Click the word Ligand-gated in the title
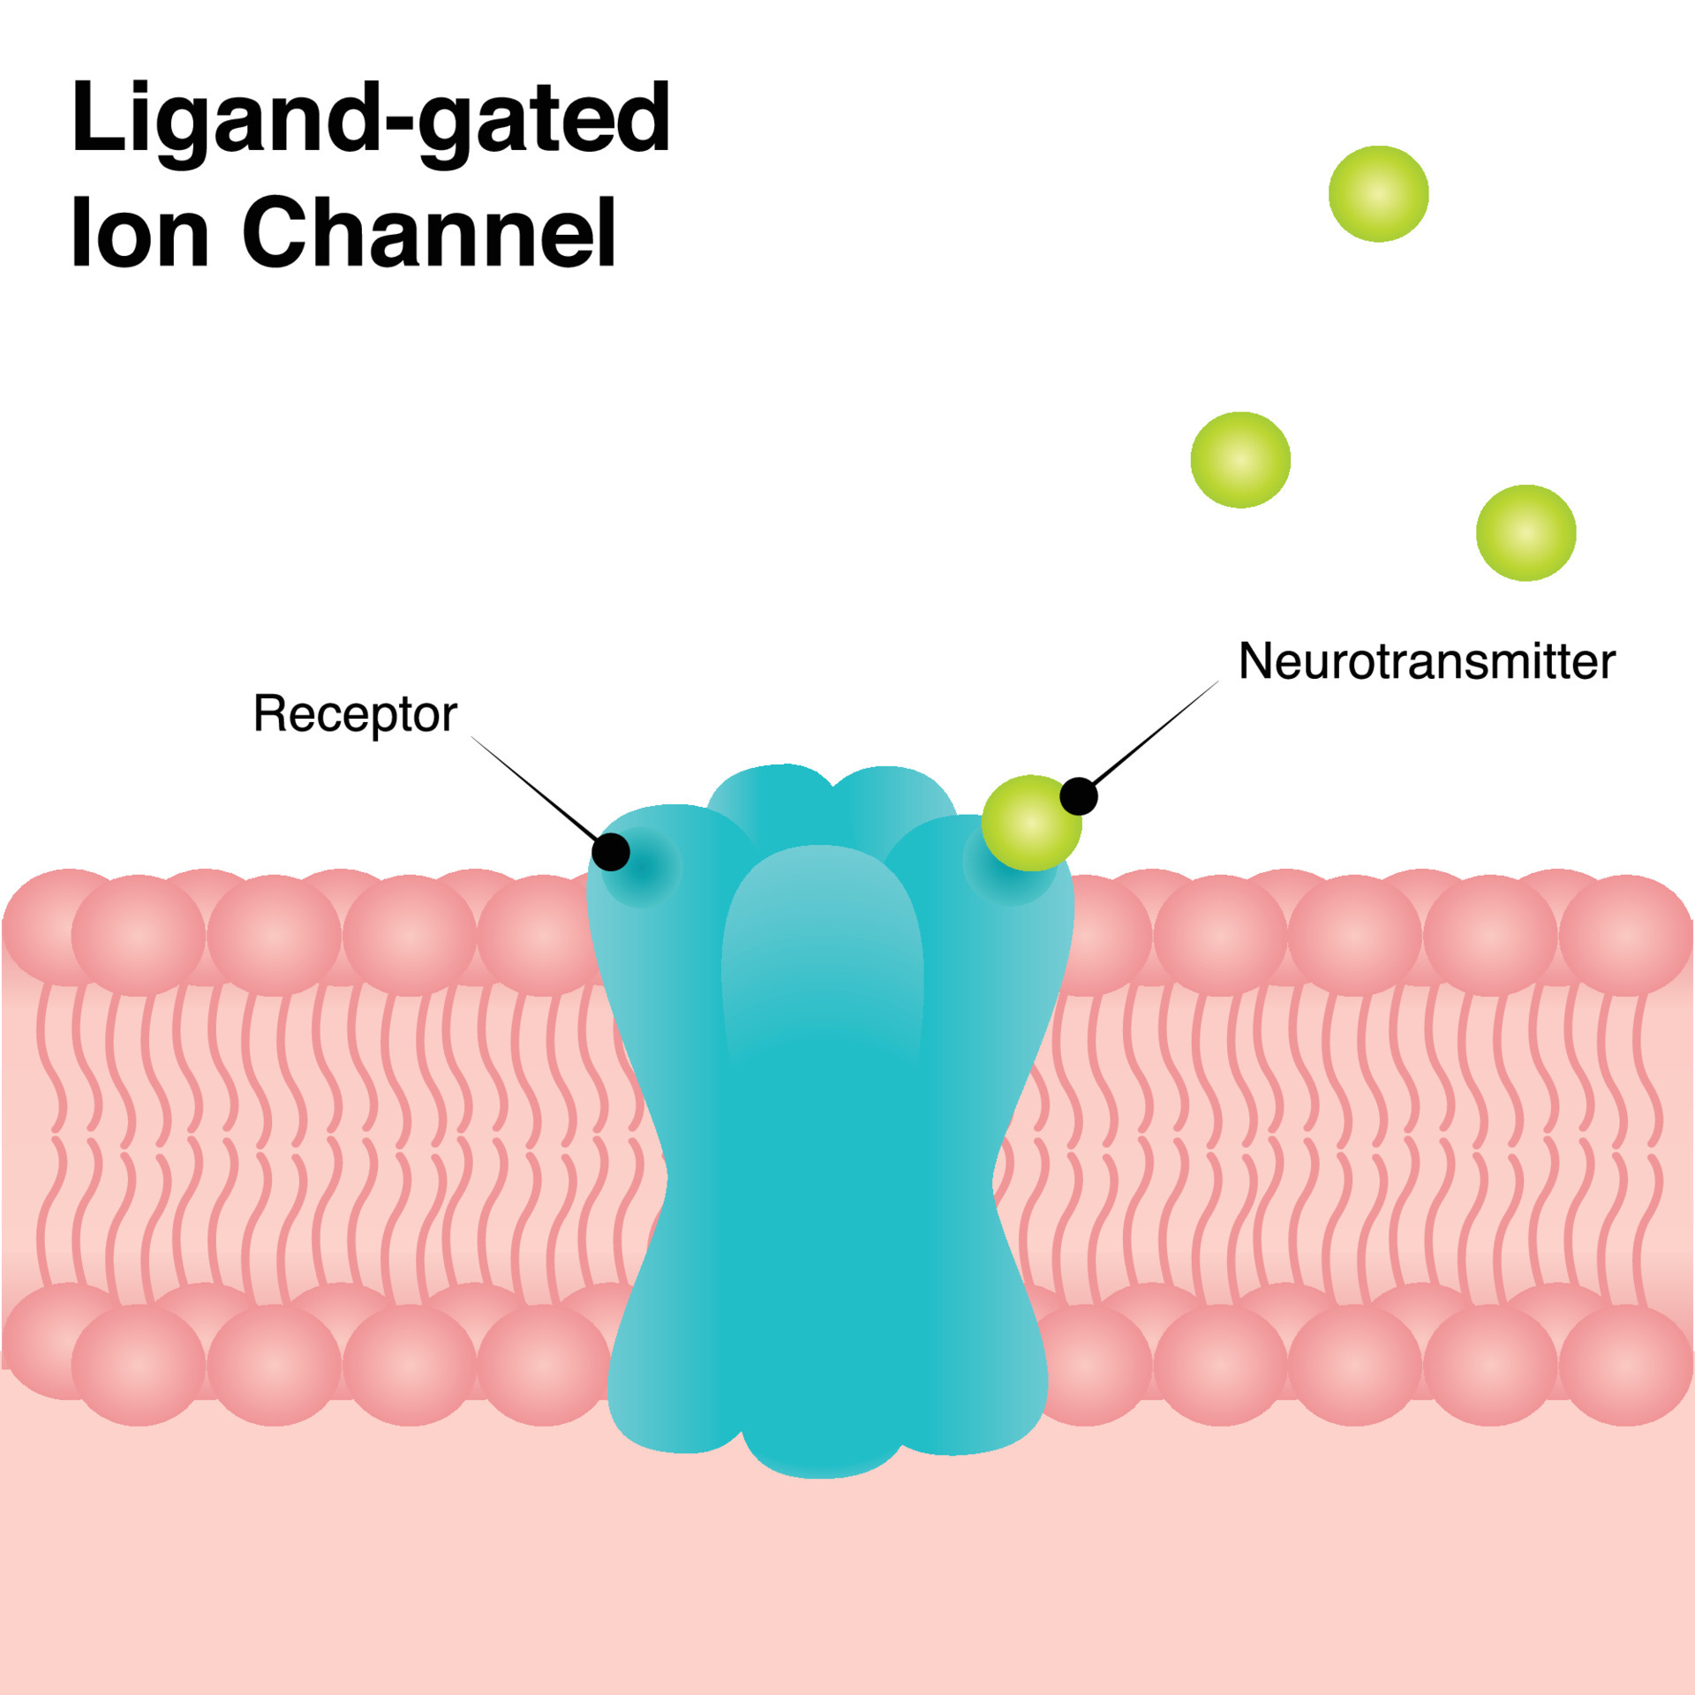click(371, 119)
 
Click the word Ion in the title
click(139, 232)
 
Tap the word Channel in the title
click(429, 232)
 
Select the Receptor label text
click(355, 713)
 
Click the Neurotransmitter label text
click(1427, 661)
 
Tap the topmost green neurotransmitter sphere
click(1378, 193)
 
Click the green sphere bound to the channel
click(1029, 823)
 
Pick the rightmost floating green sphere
click(1525, 532)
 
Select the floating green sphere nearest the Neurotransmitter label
click(1240, 459)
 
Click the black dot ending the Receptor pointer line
click(611, 852)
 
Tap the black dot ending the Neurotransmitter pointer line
click(1078, 796)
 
